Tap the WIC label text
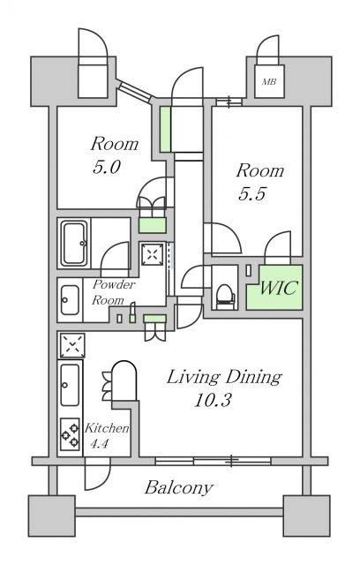(275, 289)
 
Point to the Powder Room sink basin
(70, 303)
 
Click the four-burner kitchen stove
(70, 433)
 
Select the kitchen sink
(70, 383)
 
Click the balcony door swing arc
(94, 476)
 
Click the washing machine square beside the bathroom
(153, 255)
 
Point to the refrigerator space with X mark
(71, 343)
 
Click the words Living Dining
(225, 377)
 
